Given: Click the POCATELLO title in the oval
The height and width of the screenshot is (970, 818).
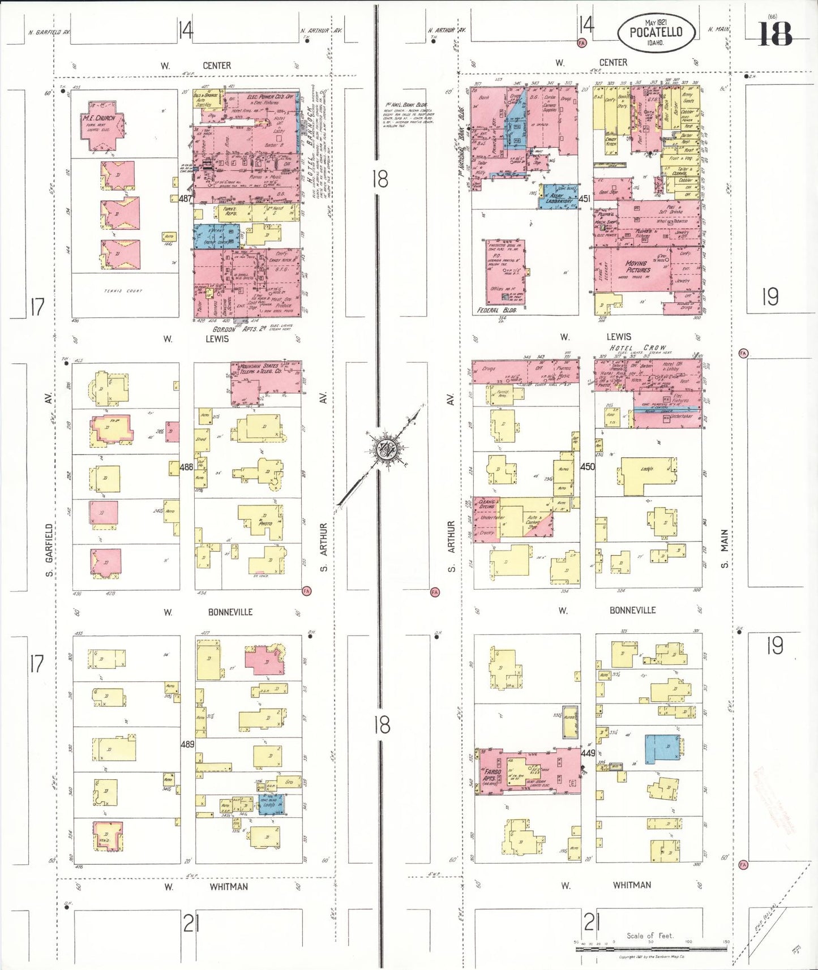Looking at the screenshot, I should pos(656,32).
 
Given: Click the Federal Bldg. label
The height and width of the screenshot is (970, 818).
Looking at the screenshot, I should pos(496,311).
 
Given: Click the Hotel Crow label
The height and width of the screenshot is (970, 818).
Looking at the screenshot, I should pos(637,347).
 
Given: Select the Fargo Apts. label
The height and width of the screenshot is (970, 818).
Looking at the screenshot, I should pos(492,775).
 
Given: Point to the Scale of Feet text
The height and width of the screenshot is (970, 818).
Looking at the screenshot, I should pos(650,935).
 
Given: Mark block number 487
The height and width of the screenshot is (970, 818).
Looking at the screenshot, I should pos(185,199).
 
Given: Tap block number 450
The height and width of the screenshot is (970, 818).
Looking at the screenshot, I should pos(588,466).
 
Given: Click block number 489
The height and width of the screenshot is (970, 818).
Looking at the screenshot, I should pos(187,744).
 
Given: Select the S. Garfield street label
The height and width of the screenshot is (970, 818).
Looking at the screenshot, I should pos(49,551).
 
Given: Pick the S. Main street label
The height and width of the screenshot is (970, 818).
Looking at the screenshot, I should pos(725,548).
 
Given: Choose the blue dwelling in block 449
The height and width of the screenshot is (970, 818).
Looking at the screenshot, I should pos(662,749).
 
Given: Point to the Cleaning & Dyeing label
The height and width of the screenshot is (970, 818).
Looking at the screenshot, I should pos(487,504).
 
